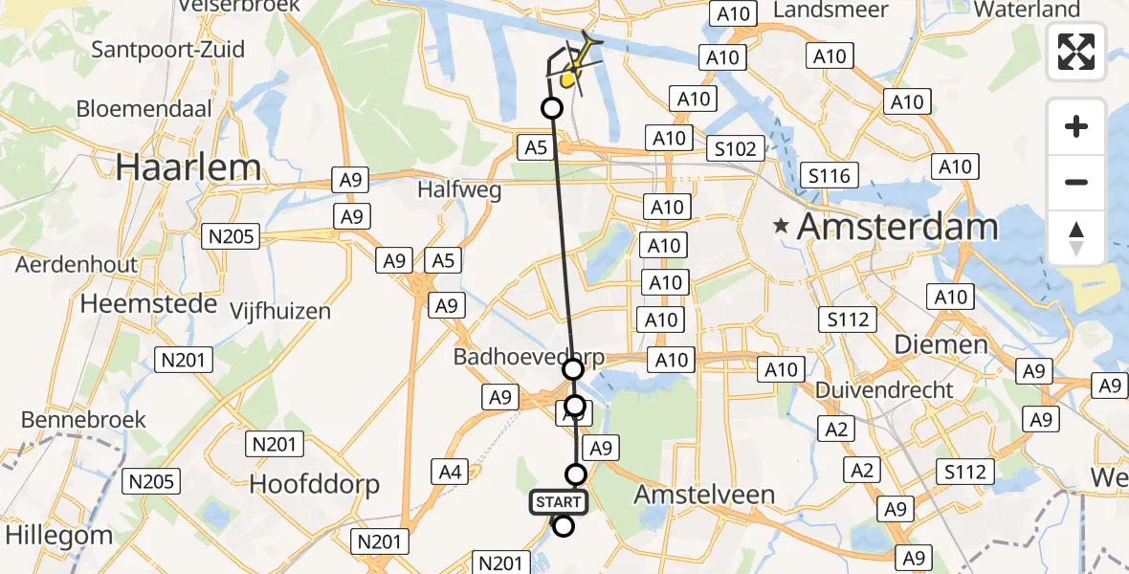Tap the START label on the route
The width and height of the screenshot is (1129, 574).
(x=557, y=502)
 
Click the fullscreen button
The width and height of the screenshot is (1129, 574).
(x=1076, y=51)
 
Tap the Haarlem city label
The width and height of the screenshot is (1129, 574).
(x=188, y=168)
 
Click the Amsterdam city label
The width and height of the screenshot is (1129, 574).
(x=897, y=228)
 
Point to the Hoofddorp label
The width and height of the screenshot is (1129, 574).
(x=314, y=484)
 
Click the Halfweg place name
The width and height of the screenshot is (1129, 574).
(x=459, y=190)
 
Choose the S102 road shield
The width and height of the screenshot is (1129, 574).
(x=736, y=148)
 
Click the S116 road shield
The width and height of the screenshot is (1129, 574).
(x=830, y=175)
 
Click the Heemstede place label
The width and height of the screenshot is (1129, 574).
(x=143, y=304)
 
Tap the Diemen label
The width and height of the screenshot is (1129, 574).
(x=941, y=344)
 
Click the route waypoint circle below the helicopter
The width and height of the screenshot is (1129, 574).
(x=552, y=108)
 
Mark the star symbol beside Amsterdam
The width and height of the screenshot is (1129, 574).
(x=783, y=228)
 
